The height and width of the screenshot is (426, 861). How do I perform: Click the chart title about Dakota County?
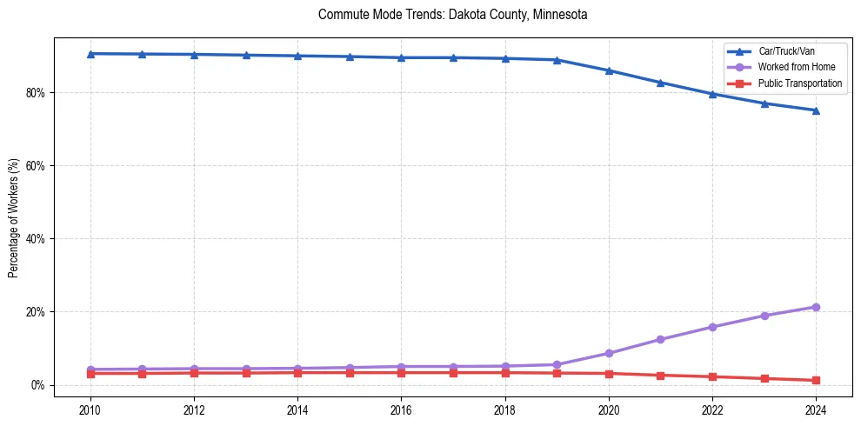[453, 15]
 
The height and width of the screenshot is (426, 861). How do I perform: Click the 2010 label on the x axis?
[90, 409]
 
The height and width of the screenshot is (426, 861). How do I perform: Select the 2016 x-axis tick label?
[401, 409]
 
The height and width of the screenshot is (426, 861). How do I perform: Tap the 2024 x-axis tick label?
[816, 409]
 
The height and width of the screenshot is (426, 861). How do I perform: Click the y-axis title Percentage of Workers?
[14, 218]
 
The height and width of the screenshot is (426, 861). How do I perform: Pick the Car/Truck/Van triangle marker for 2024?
[816, 110]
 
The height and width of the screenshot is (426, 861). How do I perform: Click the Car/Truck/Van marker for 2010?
[90, 54]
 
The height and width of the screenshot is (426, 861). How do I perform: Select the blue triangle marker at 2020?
[609, 70]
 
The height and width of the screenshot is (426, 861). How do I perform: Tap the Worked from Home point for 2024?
[816, 307]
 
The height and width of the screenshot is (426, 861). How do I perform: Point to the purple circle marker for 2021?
[660, 339]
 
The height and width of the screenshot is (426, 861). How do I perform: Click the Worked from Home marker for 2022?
[712, 327]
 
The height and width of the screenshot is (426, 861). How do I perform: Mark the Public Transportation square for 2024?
[816, 380]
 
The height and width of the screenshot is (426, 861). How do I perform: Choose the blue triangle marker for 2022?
[712, 94]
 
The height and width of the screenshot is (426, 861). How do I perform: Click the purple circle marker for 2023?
[764, 316]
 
